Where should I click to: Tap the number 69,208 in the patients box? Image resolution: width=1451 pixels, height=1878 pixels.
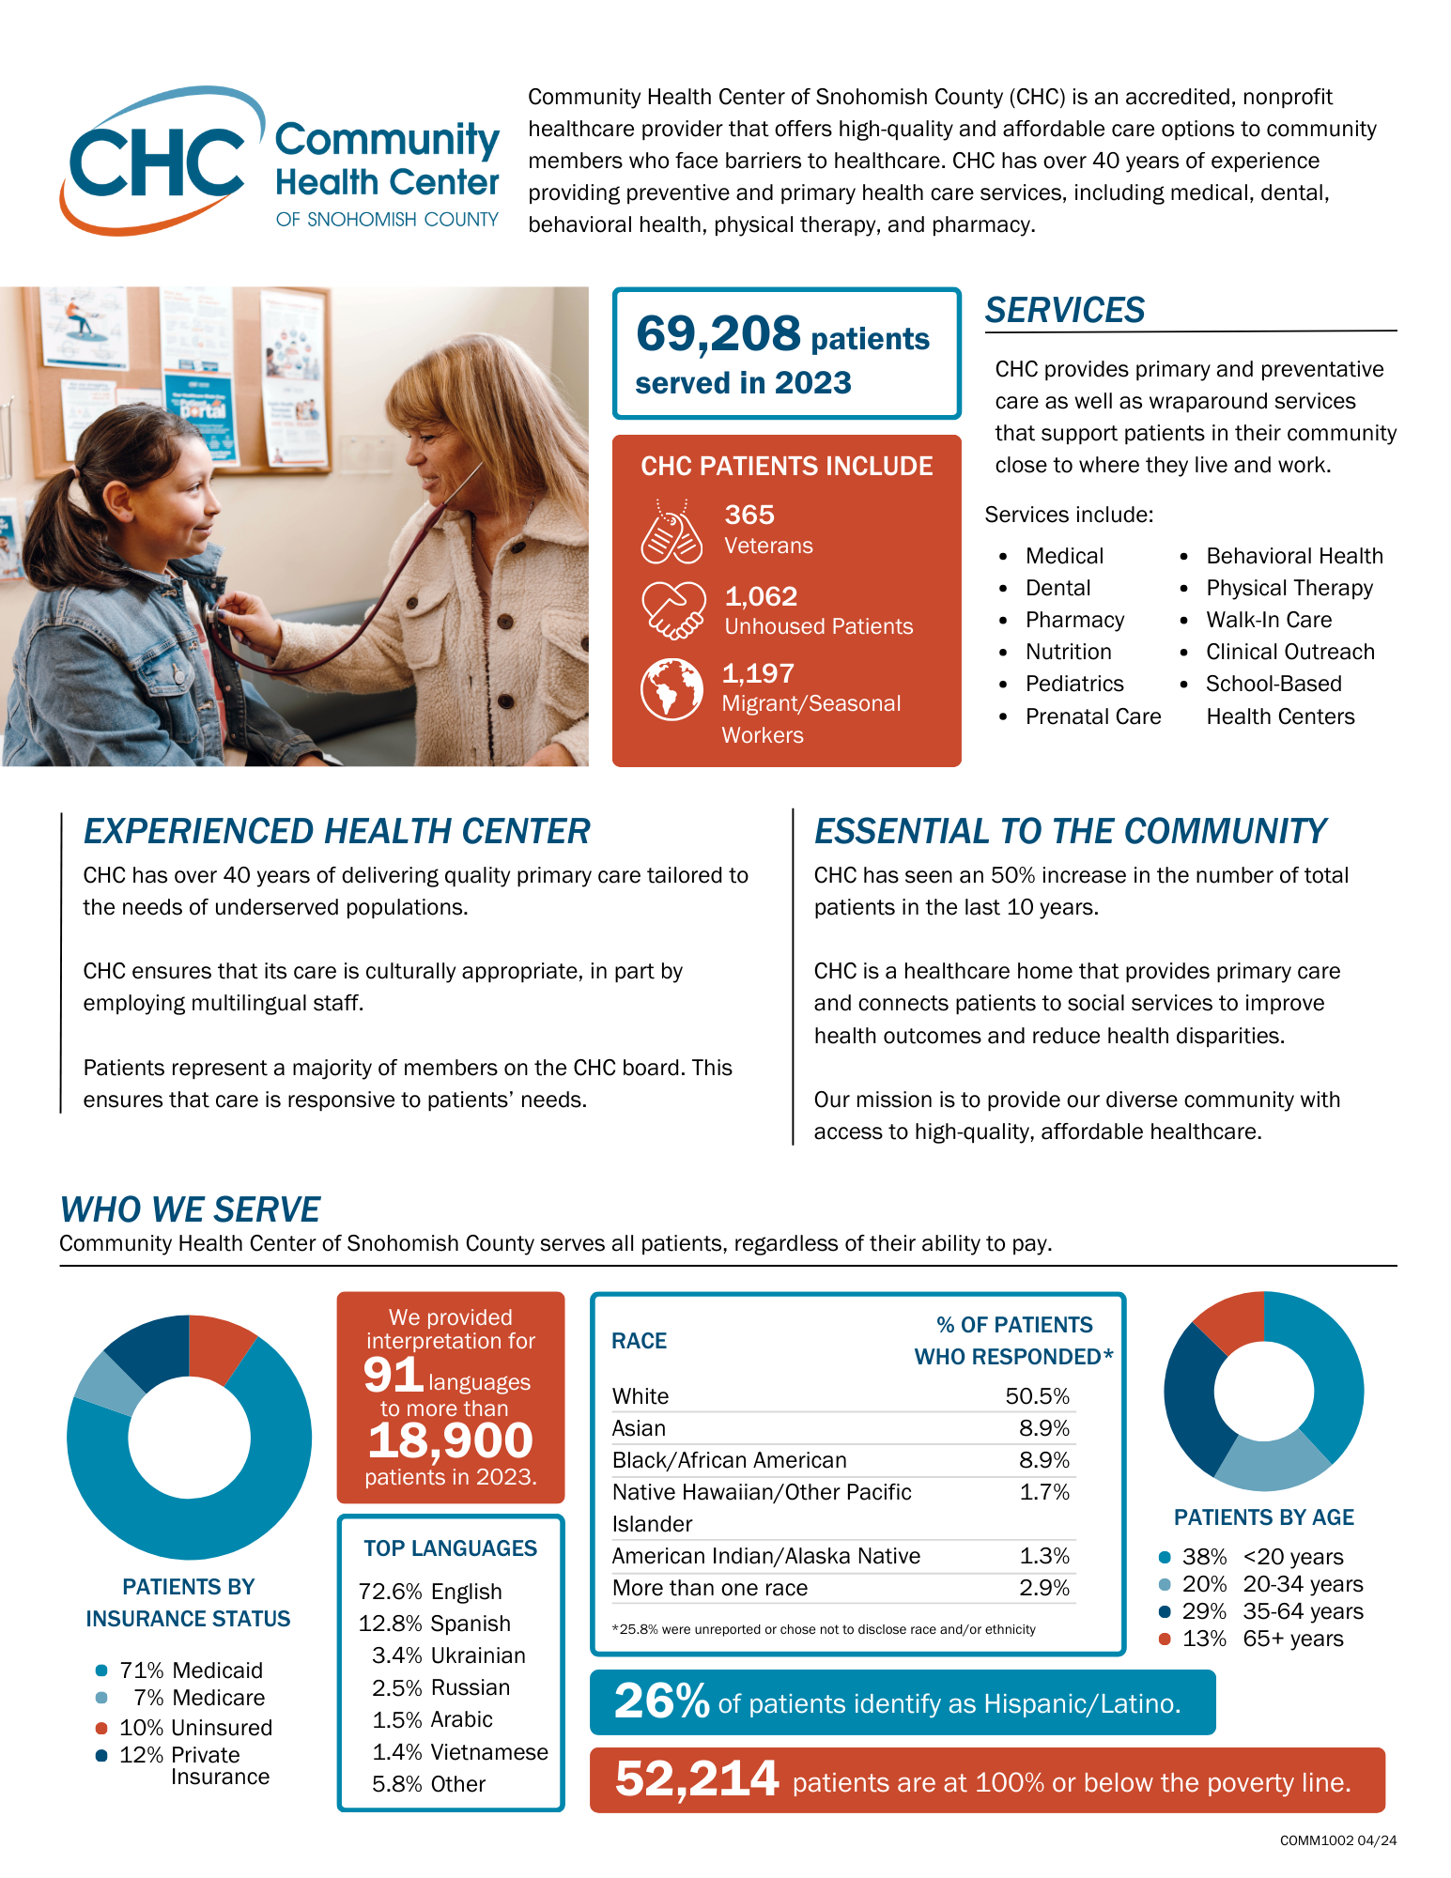[x=718, y=333]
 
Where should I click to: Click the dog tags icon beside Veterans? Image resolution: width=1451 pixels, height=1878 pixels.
[x=671, y=533]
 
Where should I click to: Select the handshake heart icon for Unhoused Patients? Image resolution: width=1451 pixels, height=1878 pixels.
[x=672, y=610]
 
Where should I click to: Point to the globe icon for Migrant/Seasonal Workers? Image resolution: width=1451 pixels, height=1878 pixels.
[x=671, y=689]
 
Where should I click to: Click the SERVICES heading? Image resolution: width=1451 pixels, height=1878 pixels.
[x=1065, y=310]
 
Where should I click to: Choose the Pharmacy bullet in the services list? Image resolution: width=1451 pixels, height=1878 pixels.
[x=1074, y=620]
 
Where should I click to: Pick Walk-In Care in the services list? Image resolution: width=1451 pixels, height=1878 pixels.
[x=1269, y=620]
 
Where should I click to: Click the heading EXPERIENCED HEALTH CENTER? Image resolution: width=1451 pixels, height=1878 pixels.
[x=336, y=831]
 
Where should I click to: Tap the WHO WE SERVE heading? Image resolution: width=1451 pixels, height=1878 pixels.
[x=190, y=1209]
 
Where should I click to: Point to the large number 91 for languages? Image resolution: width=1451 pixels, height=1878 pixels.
[x=394, y=1375]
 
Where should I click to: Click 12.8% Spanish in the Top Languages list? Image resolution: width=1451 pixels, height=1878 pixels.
[x=435, y=1624]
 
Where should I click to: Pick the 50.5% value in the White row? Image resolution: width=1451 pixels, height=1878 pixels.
[x=1037, y=1396]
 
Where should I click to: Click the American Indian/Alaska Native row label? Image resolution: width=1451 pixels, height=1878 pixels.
[x=765, y=1556]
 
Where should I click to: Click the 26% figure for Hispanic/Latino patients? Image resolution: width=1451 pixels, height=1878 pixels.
[x=661, y=1701]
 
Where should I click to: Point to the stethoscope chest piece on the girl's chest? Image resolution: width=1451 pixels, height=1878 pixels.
[x=217, y=619]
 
